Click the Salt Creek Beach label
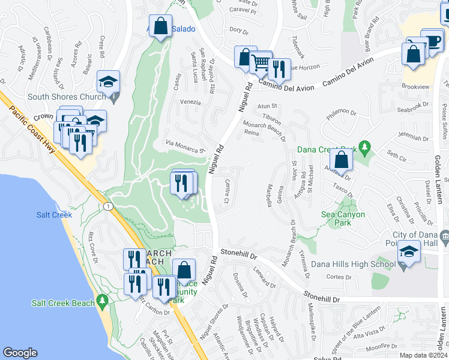pos(63,303)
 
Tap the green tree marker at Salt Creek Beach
pos(103,299)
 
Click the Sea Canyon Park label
pos(343,215)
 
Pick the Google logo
pos(20,353)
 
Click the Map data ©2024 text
pos(424,355)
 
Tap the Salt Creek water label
pos(54,215)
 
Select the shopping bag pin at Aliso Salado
pos(160,26)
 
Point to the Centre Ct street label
pos(227,191)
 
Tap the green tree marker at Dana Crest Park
pos(364,147)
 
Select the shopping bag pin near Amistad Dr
pos(340,160)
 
